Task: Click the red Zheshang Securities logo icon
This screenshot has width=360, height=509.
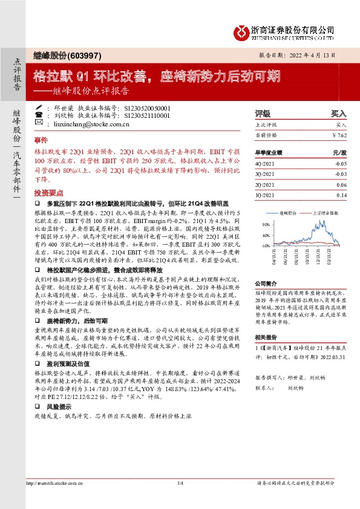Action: [241, 31]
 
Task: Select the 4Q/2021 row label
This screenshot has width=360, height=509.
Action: [264, 163]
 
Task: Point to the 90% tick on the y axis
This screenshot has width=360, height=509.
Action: [265, 224]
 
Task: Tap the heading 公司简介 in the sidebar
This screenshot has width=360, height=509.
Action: [265, 283]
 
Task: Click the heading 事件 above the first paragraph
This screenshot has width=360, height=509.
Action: [41, 139]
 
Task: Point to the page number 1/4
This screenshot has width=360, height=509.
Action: [180, 500]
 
